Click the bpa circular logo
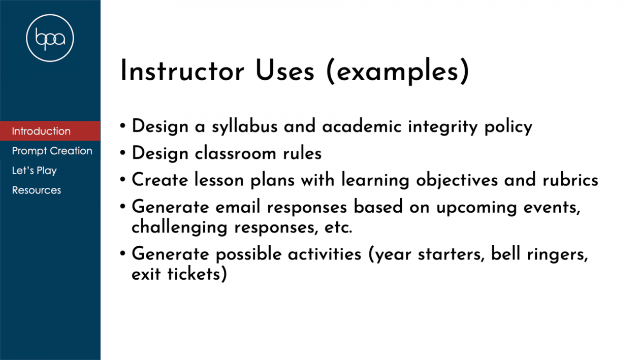click(x=50, y=38)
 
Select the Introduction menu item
click(x=41, y=131)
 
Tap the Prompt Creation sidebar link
click(x=52, y=151)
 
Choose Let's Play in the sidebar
click(x=35, y=171)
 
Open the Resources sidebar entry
click(x=37, y=190)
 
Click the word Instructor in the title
click(x=182, y=71)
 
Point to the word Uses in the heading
click(x=285, y=71)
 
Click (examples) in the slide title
click(x=397, y=72)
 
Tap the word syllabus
click(x=245, y=126)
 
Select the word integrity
click(x=443, y=126)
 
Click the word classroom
click(x=236, y=153)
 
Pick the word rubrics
click(x=570, y=180)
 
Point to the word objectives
click(x=457, y=180)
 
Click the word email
click(x=238, y=207)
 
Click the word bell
click(x=505, y=253)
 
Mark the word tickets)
click(x=197, y=274)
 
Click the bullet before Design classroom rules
click(x=123, y=153)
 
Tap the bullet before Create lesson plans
click(x=123, y=180)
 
